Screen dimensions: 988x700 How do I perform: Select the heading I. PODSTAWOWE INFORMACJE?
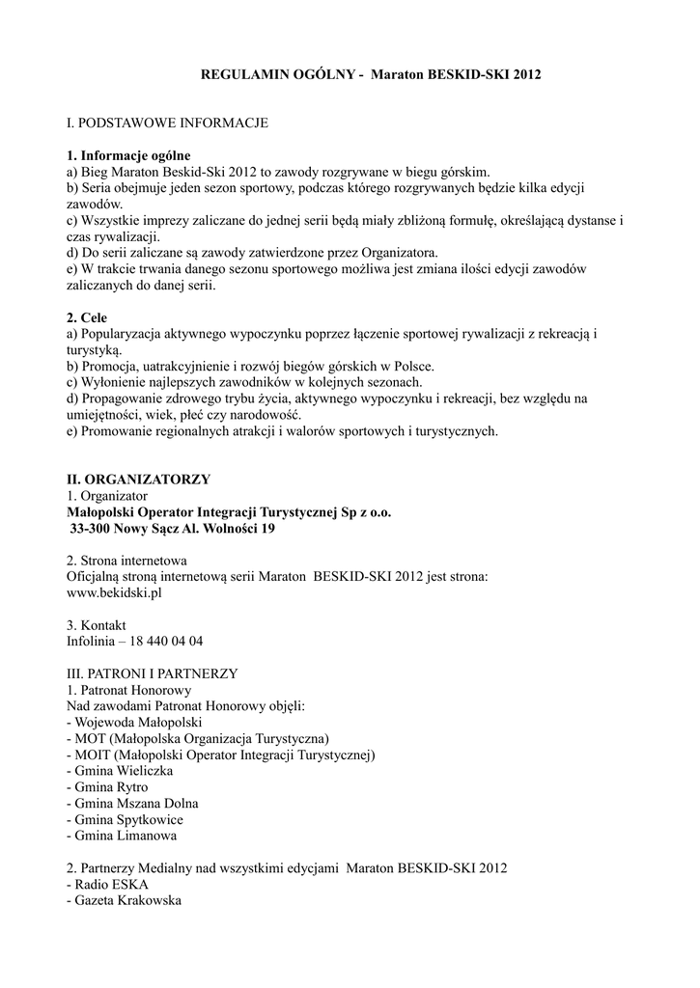tap(167, 123)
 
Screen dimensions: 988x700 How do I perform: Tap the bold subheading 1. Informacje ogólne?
tap(128, 154)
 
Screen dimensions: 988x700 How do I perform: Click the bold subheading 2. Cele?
tap(87, 317)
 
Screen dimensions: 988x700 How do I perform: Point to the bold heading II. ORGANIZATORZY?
tap(138, 480)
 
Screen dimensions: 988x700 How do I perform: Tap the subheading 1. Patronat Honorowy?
tap(129, 690)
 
